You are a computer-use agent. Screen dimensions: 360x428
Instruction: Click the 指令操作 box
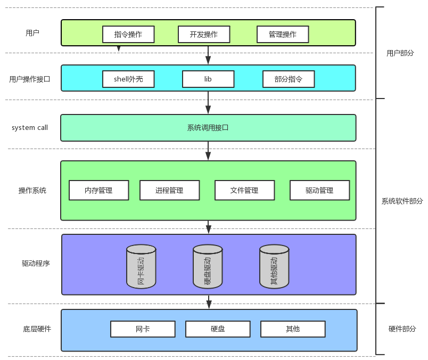tap(128, 35)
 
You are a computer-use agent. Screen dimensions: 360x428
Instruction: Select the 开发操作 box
tap(204, 35)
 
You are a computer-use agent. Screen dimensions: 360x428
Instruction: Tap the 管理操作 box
tap(283, 35)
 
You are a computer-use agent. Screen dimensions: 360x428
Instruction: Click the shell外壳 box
tap(128, 79)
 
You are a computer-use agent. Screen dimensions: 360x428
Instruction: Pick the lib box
tap(208, 79)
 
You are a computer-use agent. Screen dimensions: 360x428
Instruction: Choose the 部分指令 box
tap(289, 79)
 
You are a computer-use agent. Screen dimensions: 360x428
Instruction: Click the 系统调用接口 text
tap(208, 128)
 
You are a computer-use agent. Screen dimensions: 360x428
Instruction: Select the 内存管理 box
tap(98, 190)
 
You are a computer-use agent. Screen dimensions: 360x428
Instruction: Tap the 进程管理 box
tap(169, 190)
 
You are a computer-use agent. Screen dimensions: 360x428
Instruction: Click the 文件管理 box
tap(244, 190)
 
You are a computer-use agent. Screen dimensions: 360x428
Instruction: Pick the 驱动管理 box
tap(319, 190)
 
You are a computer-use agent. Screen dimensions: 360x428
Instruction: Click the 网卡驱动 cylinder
tap(141, 267)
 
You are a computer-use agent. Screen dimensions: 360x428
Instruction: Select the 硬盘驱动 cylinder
tap(208, 267)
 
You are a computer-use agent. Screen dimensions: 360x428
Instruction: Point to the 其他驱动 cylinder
tap(274, 267)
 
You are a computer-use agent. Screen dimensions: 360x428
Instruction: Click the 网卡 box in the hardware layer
tap(143, 329)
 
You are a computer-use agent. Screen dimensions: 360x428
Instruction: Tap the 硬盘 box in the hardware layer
tap(218, 329)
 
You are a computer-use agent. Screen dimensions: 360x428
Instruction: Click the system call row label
tap(30, 128)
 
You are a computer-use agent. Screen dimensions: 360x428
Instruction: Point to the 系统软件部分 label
tap(402, 201)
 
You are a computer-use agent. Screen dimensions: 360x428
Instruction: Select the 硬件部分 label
tap(402, 329)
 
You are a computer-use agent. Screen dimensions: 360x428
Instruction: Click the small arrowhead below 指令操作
tap(119, 49)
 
